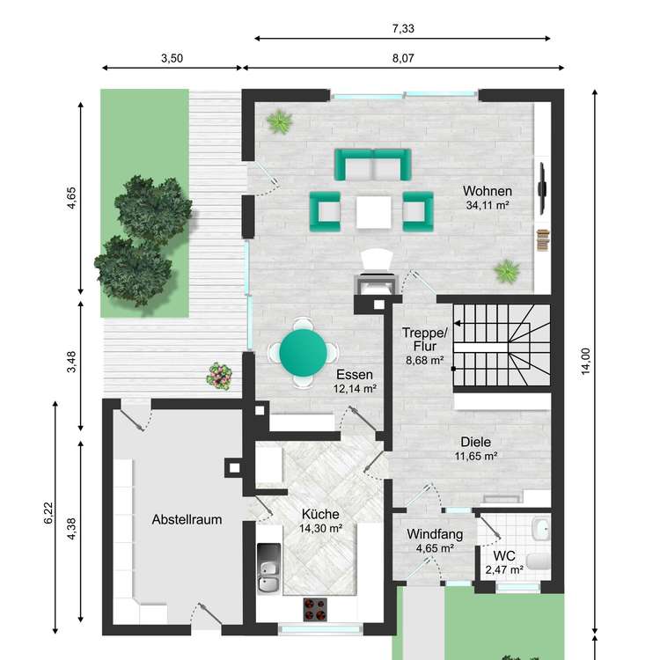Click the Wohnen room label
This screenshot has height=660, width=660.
click(x=488, y=191)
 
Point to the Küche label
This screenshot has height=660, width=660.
click(x=320, y=515)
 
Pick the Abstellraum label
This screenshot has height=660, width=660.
click(x=186, y=519)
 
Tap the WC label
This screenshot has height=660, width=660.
click(x=503, y=556)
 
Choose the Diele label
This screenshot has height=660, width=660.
click(x=476, y=443)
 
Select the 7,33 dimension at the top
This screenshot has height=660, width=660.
click(x=402, y=28)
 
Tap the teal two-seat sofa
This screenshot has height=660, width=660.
click(x=372, y=165)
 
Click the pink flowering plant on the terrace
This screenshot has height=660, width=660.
click(x=218, y=376)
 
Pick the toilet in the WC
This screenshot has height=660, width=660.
click(x=540, y=530)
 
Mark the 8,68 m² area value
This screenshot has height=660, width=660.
click(x=426, y=361)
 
